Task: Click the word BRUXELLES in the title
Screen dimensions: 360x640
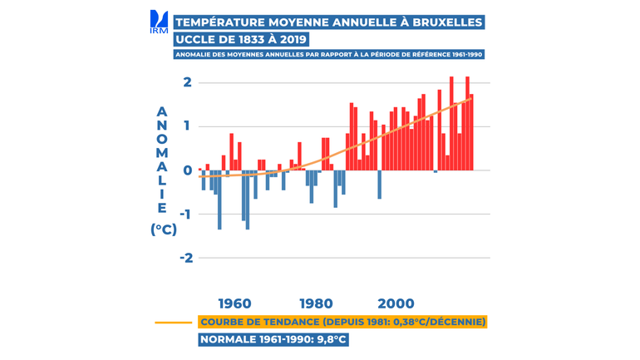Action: click(x=442, y=21)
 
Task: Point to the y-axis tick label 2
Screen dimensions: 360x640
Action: click(x=189, y=82)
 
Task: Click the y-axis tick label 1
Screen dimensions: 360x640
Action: click(x=189, y=126)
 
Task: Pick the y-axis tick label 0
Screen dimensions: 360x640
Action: click(x=189, y=170)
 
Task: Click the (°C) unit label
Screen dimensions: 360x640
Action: click(x=164, y=230)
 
